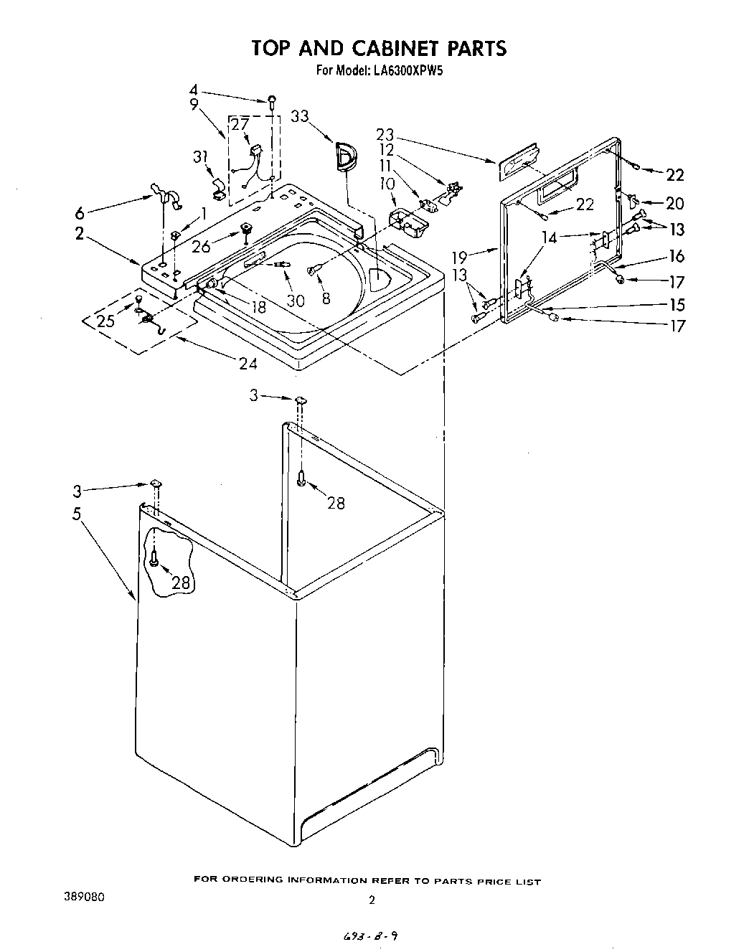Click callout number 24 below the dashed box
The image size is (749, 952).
coord(248,363)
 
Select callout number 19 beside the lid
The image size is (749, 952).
coord(460,257)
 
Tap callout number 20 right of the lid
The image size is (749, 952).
coord(674,204)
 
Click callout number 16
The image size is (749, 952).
coord(676,256)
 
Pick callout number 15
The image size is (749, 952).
coord(676,304)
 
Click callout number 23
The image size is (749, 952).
coord(385,133)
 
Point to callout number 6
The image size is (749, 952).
coord(80,213)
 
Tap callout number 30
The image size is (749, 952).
coord(296,301)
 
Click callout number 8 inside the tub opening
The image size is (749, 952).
coord(326,297)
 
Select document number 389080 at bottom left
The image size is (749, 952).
coord(85,897)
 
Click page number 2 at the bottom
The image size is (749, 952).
coord(372,900)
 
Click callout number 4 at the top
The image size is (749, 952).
coord(193,90)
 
